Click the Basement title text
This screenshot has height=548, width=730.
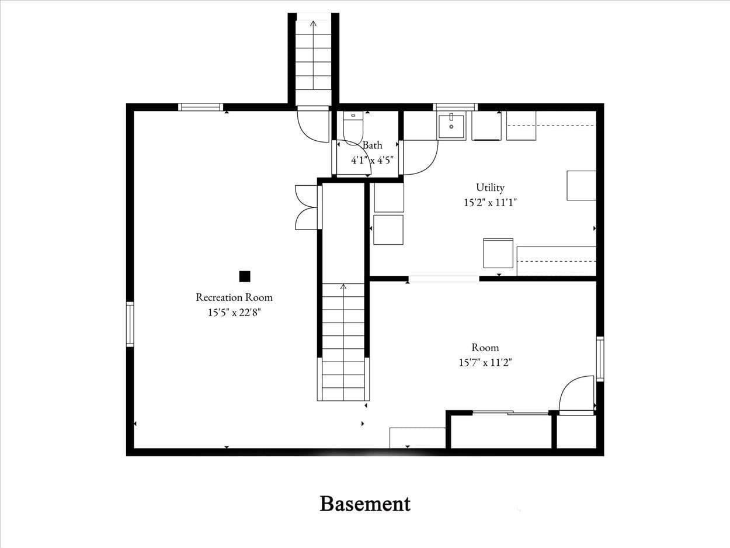(365, 504)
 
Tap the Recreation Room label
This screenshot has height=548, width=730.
(234, 297)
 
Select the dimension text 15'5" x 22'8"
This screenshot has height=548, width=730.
(234, 313)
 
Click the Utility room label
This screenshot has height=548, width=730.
(490, 188)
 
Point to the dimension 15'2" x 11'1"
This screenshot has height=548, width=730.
(489, 203)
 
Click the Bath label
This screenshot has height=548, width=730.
(372, 145)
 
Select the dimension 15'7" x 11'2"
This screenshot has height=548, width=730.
(485, 363)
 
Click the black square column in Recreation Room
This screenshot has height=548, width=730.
(245, 276)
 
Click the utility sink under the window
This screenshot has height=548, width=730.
(451, 126)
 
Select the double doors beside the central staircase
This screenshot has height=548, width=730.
(307, 207)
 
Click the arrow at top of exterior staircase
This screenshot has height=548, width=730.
(314, 24)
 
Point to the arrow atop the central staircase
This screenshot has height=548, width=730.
(343, 287)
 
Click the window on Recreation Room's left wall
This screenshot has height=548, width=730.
(130, 324)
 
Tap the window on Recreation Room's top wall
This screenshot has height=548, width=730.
(200, 107)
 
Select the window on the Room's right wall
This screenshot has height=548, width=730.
(600, 359)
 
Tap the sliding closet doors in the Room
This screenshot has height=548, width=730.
(511, 413)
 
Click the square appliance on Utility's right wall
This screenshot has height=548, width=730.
(581, 185)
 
